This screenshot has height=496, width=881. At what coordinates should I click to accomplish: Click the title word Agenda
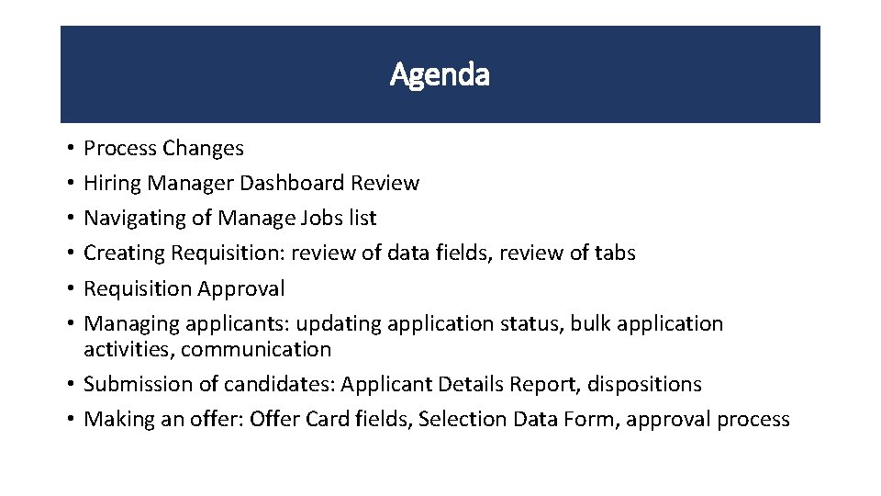click(440, 73)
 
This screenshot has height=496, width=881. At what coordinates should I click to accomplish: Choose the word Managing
click(131, 323)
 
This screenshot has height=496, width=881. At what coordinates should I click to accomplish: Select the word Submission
click(137, 384)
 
